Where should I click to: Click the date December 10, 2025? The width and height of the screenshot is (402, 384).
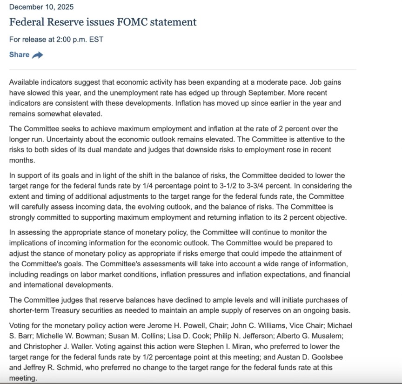41,7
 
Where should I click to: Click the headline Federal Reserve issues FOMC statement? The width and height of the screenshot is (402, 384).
103,22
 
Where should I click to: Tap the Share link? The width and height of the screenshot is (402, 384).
20,54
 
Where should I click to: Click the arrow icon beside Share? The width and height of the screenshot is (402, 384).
38,55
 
